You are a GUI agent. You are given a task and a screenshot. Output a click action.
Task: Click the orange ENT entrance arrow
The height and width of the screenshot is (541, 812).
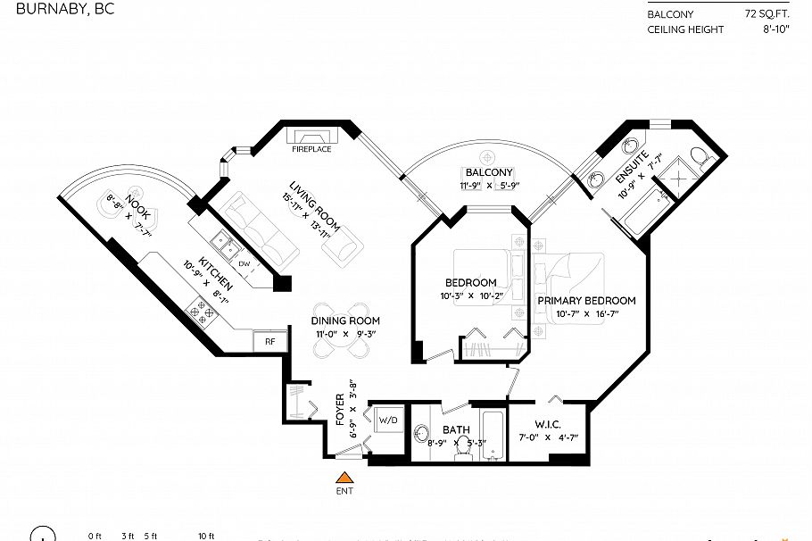(344, 477)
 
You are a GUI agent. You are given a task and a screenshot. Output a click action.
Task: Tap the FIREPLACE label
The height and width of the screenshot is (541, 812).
(311, 149)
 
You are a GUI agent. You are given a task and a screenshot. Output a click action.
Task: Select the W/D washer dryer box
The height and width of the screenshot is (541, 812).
(388, 420)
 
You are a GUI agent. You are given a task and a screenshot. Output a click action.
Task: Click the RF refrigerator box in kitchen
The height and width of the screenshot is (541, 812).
(268, 340)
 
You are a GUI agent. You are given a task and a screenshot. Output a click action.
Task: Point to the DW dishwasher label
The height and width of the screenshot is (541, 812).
(244, 263)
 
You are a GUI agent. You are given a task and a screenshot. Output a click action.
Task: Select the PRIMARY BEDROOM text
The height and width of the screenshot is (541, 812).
(586, 301)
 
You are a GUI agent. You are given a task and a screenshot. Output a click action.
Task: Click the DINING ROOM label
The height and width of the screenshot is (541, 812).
(345, 320)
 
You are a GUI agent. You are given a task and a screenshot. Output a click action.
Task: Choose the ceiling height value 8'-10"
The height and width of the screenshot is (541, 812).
(773, 30)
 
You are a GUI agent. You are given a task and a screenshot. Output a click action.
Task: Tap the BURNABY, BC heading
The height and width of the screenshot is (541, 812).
(58, 11)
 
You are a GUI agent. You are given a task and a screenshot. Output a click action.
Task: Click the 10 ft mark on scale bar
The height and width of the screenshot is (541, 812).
(206, 536)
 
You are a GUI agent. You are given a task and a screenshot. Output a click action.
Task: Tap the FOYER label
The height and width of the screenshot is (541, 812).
(340, 410)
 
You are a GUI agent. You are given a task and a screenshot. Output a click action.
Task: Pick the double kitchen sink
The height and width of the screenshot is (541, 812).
(222, 243)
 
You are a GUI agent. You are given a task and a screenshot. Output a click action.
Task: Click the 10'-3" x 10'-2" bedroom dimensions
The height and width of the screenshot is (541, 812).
(471, 295)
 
